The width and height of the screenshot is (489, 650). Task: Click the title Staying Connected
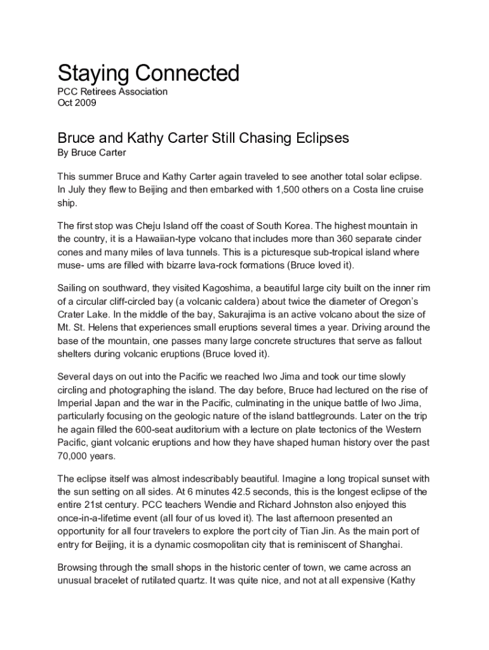[149, 74]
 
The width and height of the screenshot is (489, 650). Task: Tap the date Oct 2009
[77, 103]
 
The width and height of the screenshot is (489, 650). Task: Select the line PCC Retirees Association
[112, 91]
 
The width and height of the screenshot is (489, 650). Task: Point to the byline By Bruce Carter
[92, 152]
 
